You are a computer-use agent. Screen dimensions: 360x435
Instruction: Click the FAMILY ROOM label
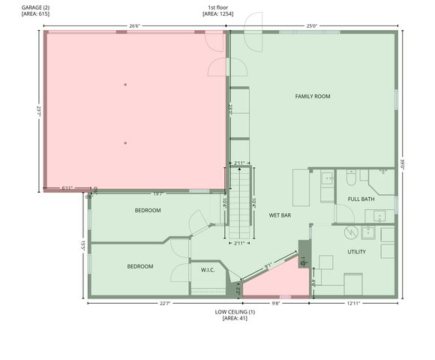click(x=312, y=96)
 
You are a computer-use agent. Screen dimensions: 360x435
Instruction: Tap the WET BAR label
click(x=280, y=215)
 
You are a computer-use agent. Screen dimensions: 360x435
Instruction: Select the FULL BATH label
click(x=361, y=199)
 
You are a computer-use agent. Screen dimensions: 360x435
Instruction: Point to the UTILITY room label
click(x=356, y=252)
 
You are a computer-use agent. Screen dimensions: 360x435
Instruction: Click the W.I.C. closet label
click(x=208, y=270)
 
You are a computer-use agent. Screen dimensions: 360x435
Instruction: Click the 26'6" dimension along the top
click(x=135, y=26)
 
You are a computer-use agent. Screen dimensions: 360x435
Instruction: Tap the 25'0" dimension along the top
click(x=311, y=26)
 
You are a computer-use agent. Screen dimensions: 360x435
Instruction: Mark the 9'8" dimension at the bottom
click(x=275, y=303)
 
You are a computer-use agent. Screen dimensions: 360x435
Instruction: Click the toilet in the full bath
click(x=350, y=180)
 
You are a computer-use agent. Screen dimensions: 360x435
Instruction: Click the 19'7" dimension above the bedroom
click(x=157, y=193)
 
